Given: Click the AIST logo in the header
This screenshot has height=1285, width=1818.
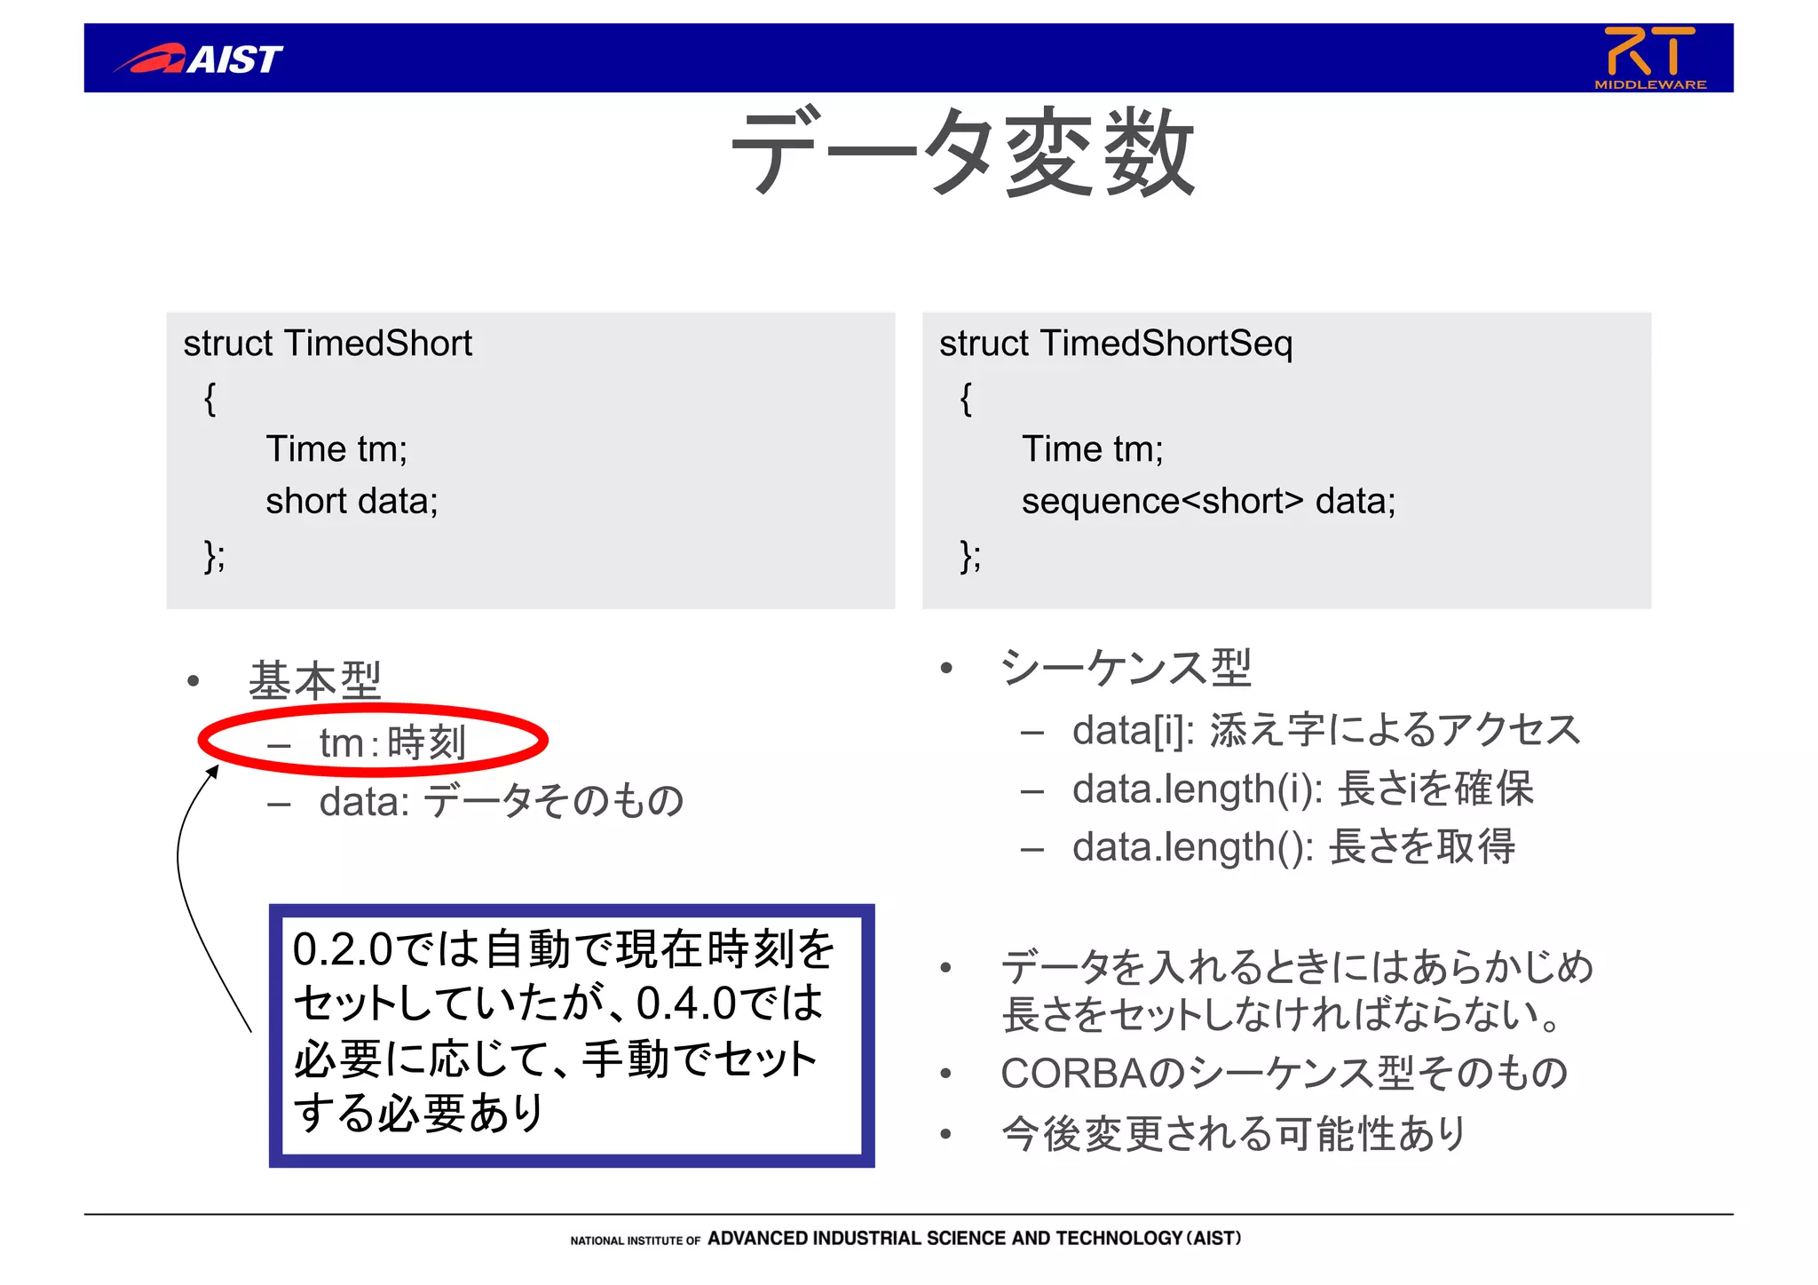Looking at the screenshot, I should (199, 59).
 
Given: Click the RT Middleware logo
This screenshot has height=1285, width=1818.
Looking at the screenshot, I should (1649, 58).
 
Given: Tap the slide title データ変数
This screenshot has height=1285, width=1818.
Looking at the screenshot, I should (962, 152).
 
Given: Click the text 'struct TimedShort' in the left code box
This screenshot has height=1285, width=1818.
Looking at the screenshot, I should (328, 344).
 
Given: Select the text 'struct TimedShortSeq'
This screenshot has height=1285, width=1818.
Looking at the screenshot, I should (1115, 344).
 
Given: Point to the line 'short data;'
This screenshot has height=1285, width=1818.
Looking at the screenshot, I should (352, 502).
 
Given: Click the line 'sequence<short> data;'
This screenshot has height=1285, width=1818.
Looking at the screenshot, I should (1207, 502).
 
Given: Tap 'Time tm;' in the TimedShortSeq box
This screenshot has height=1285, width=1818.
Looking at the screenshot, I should (1092, 449).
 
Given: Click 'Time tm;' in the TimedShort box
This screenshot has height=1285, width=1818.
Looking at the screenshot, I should (336, 449).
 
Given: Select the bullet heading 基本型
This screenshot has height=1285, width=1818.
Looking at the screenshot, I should (315, 681).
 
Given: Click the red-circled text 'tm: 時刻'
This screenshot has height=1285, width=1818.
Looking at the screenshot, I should (391, 742).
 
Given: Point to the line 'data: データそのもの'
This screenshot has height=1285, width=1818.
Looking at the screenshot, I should (501, 801).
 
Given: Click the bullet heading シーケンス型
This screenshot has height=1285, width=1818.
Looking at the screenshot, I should (1126, 668).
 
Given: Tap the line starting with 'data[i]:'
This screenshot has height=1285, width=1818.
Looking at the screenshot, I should (1326, 730).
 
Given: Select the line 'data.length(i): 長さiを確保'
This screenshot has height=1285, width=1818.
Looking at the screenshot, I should (1302, 789).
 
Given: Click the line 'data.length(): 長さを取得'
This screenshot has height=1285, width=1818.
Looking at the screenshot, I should (1293, 846).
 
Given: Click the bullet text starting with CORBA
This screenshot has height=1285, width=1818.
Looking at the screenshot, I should (1284, 1073).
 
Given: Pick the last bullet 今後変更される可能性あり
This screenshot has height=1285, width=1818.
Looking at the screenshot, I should (1234, 1134).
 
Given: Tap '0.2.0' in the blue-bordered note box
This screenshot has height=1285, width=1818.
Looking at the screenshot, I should (342, 949).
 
